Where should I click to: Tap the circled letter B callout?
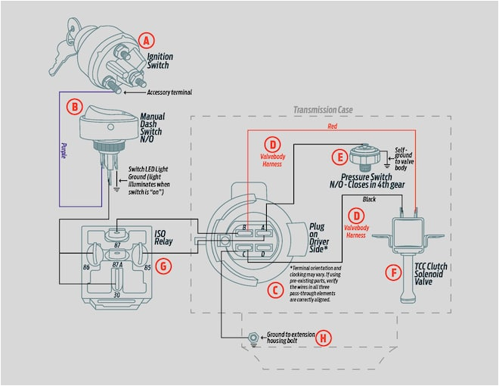tap(74, 107)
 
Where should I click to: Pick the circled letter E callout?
tap(339, 157)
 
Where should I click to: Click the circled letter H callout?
tap(324, 338)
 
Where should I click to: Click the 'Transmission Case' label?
tap(324, 110)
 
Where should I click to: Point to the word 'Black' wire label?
tap(370, 198)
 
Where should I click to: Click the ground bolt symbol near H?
tap(252, 335)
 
